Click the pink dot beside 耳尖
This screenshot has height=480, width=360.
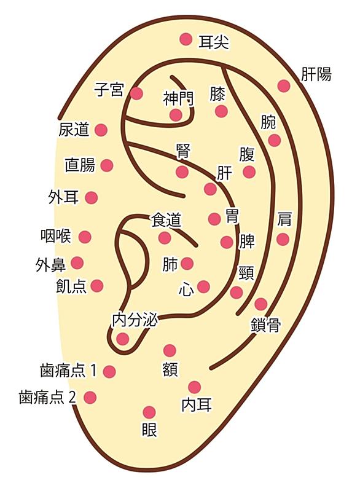click(186, 39)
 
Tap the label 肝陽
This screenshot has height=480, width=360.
click(316, 74)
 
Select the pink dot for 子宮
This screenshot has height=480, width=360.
click(137, 93)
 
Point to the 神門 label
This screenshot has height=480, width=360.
click(178, 98)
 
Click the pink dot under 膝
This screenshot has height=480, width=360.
click(221, 111)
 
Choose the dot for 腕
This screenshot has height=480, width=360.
click(275, 140)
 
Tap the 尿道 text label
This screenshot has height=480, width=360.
click(74, 130)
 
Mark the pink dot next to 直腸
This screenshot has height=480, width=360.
click(107, 165)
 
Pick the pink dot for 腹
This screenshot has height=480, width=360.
click(249, 172)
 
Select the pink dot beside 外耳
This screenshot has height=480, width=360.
click(91, 198)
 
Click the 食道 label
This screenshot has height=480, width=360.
click(166, 221)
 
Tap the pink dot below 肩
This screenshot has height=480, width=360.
click(283, 239)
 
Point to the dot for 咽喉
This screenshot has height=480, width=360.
click(85, 237)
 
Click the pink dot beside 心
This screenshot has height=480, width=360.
click(203, 287)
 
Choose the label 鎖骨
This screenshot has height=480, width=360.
click(265, 325)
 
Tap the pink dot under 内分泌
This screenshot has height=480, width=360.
click(123, 339)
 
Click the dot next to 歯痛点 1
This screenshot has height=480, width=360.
click(109, 371)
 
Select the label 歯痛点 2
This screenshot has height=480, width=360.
click(47, 398)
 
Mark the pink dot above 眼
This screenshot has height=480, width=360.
click(149, 412)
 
